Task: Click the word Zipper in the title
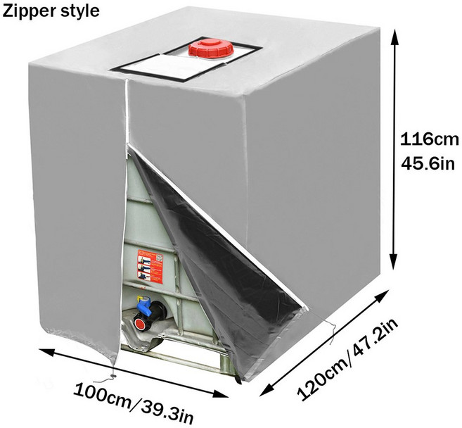click(x=27, y=12)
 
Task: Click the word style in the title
click(x=78, y=12)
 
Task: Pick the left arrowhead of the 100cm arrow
click(x=46, y=352)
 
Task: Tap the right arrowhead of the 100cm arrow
click(x=221, y=394)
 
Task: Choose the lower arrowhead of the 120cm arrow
click(x=267, y=389)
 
